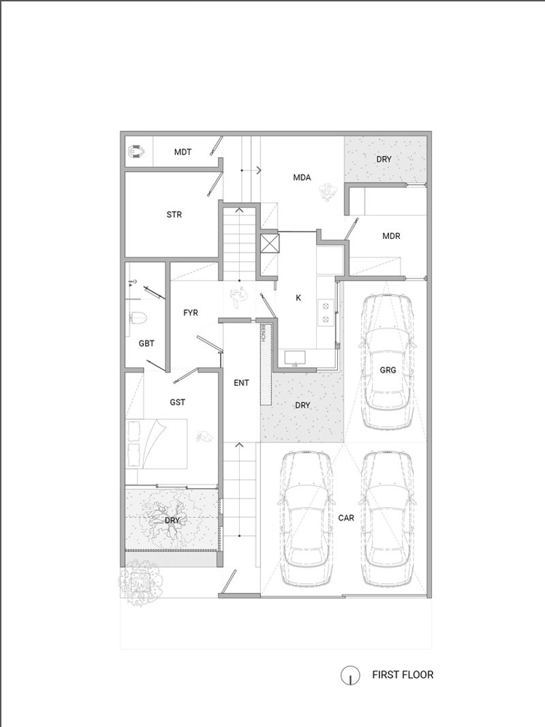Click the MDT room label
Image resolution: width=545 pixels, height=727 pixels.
183,152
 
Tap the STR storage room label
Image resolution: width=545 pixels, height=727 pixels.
174,214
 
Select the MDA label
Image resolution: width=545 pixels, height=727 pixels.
302,177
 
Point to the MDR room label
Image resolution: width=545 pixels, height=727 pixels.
391,236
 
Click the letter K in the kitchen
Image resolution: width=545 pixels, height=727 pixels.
298,297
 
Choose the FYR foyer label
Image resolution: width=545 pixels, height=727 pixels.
191,313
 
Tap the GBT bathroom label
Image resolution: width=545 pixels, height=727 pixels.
146,344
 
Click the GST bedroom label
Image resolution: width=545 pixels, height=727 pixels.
178,402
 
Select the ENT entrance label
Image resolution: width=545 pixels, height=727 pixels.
241,383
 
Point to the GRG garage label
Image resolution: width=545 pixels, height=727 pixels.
388,370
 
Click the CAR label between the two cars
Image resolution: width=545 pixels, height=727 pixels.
346,517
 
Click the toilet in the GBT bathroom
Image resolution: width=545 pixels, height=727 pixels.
138,318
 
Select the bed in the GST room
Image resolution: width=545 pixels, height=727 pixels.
156,444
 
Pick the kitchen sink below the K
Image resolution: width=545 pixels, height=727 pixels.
295,357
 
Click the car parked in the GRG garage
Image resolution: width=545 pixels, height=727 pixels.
388,361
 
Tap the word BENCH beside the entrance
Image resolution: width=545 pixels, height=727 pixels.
264,333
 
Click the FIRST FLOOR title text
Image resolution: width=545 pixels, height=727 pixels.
403,674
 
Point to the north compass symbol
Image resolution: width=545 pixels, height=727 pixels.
350,676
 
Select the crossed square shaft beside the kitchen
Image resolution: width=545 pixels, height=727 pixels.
270,243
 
